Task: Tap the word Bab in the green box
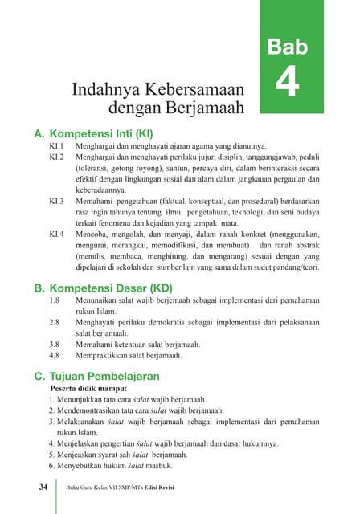coord(287,47)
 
